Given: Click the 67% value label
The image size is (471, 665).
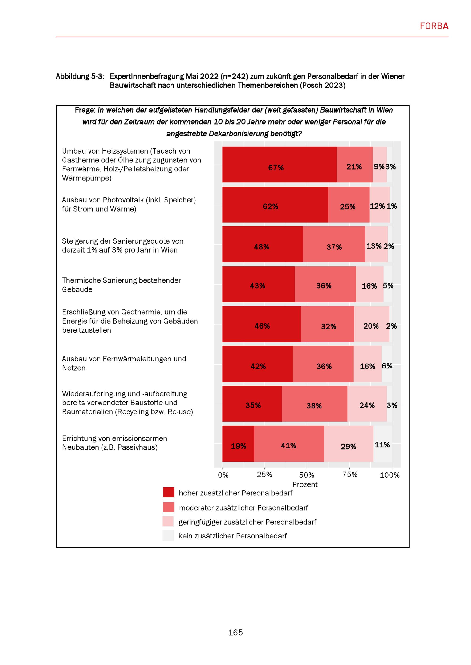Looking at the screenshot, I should pyautogui.click(x=276, y=168).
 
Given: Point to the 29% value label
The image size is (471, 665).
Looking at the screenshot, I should pyautogui.click(x=348, y=447).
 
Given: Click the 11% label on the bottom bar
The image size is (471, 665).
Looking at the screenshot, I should pyautogui.click(x=382, y=445).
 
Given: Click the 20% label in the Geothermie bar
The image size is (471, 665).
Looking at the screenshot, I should pyautogui.click(x=371, y=326).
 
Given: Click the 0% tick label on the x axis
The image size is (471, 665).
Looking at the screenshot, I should pyautogui.click(x=223, y=475).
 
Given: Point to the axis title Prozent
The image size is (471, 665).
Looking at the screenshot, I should pyautogui.click(x=305, y=484).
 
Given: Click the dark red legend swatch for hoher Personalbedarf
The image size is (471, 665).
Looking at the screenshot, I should pyautogui.click(x=169, y=492).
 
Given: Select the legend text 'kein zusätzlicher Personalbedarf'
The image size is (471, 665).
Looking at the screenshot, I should pyautogui.click(x=233, y=536).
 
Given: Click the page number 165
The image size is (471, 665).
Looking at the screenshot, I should pyautogui.click(x=235, y=633).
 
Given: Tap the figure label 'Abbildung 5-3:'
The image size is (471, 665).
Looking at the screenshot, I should pyautogui.click(x=80, y=76).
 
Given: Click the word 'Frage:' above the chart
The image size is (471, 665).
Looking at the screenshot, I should pyautogui.click(x=85, y=110).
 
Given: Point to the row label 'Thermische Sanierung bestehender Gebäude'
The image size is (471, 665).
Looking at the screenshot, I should pyautogui.click(x=121, y=285).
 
